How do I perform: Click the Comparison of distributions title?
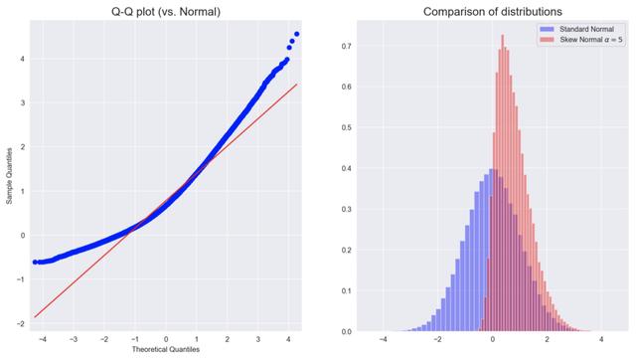[478, 11]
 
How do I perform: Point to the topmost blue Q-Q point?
[296, 35]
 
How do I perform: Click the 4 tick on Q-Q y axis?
[22, 58]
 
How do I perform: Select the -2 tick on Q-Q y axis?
[20, 324]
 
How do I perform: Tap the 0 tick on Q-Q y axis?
[22, 236]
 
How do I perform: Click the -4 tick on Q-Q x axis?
[40, 338]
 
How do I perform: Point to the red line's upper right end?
[297, 85]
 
